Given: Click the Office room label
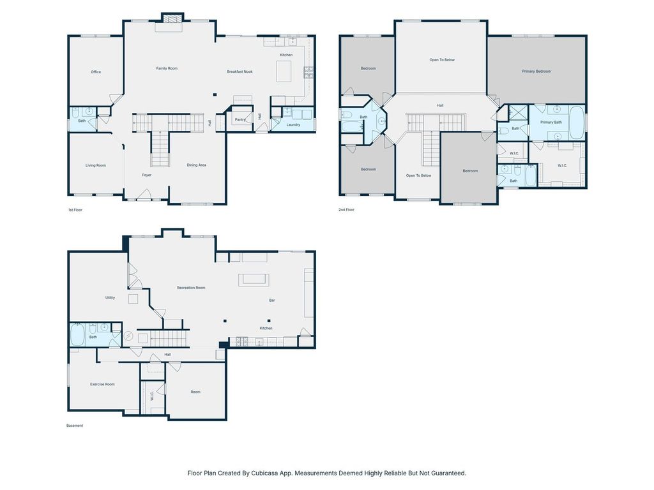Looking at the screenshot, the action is point(96,72).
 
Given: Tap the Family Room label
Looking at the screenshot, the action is point(167,68).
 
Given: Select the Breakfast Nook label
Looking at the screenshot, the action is point(240,71).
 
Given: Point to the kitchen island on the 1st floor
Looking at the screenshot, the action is point(284,71).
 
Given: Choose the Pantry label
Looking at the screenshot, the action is point(240,119).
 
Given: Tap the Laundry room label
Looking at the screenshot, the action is point(293,124).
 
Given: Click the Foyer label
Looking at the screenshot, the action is point(146,175).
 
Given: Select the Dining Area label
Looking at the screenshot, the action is point(197,165).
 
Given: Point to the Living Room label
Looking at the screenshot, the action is point(96,165).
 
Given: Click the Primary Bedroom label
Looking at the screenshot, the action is point(536,71).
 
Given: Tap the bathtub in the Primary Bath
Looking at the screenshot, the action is point(577,122).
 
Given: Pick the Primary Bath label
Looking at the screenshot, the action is point(551,122).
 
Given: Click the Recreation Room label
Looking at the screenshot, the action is point(191,288).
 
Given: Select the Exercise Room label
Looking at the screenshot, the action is point(102,384).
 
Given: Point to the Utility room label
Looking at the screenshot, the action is point(110,297).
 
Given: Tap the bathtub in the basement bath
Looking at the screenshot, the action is point(77,335).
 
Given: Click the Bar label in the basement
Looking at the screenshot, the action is point(272,300).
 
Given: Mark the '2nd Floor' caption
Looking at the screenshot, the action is point(346,209).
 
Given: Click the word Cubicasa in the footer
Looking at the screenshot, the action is point(264,473).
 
